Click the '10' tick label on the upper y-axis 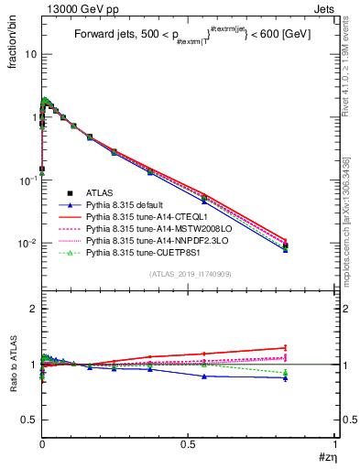coord(29,54)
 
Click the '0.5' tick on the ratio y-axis coord(28,419)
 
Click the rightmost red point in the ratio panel coord(311,347)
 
